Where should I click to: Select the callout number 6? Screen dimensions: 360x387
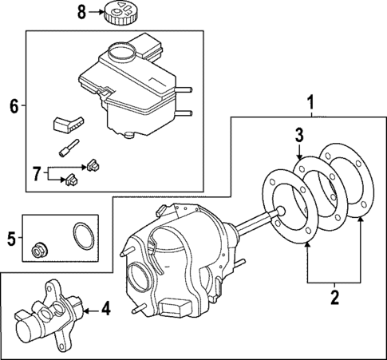(x=12, y=105)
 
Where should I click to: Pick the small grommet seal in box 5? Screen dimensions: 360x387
(x=38, y=251)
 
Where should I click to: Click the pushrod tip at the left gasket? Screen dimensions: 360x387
(x=280, y=212)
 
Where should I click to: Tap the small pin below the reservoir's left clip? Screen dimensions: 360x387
(x=68, y=148)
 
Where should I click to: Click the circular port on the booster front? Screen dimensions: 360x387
(x=138, y=280)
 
